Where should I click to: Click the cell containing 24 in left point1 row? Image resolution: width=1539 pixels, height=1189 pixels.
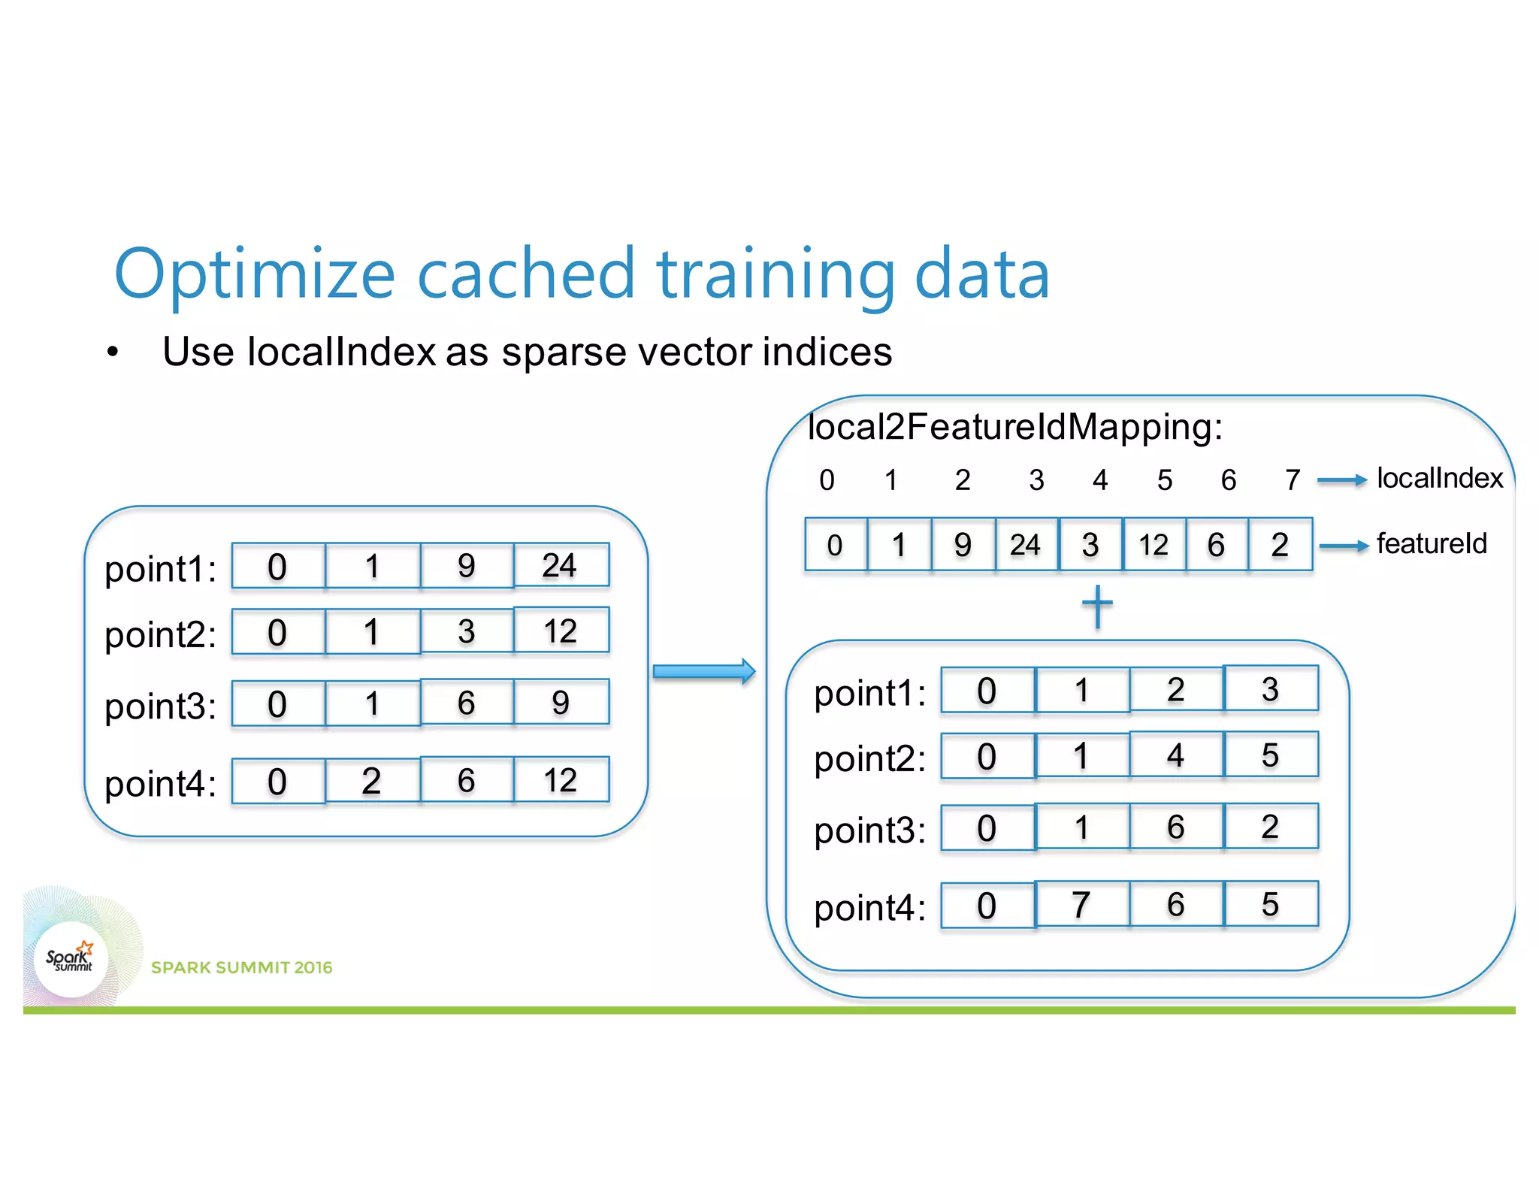[561, 565]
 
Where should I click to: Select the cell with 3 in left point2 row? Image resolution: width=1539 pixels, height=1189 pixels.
[467, 631]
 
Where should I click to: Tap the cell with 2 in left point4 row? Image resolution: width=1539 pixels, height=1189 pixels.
[372, 781]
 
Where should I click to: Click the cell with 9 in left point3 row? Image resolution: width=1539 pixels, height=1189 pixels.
[561, 703]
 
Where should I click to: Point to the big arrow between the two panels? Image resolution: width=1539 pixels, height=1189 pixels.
[703, 671]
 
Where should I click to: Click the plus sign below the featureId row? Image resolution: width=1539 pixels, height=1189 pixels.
[1097, 606]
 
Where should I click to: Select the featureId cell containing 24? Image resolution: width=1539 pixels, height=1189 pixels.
[1026, 545]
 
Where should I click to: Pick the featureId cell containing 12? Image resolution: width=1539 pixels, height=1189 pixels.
[1153, 545]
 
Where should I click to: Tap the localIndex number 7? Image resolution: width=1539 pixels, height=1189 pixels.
[1293, 480]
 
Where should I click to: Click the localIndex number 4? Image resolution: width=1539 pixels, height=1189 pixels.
[1100, 480]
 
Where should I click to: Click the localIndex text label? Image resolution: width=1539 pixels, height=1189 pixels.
[1439, 479]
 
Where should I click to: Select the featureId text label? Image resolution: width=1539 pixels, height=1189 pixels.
[1432, 543]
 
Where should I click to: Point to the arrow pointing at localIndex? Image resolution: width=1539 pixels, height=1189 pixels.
[1342, 480]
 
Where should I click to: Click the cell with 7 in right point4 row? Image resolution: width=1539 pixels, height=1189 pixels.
[1081, 905]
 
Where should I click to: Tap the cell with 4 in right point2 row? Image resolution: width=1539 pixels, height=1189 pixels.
[1176, 755]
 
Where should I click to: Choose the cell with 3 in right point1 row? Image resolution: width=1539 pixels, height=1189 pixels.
[1270, 689]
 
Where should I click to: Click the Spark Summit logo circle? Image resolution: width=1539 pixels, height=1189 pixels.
[71, 959]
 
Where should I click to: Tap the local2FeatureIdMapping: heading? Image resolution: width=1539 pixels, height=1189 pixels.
[1014, 427]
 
